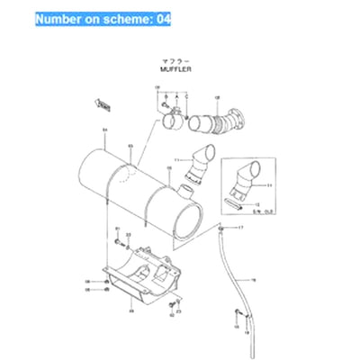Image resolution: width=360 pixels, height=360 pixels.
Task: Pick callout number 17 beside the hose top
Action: tap(239, 229)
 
